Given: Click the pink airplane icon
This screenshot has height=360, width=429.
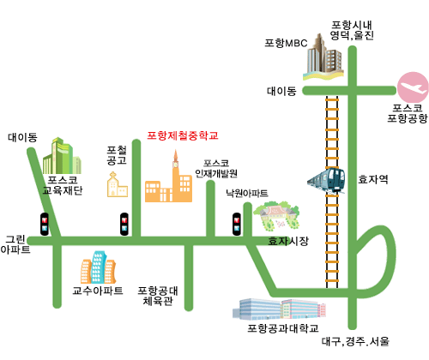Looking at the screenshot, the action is pyautogui.click(x=413, y=87).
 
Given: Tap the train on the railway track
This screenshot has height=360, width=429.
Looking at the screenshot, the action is pyautogui.click(x=326, y=180).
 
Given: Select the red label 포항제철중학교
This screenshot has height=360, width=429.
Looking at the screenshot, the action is pyautogui.click(x=183, y=135).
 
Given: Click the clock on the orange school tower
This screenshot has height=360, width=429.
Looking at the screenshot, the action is pyautogui.click(x=175, y=165).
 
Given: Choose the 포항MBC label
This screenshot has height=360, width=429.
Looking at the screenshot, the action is pyautogui.click(x=286, y=43).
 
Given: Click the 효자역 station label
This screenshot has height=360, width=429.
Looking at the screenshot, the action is pyautogui.click(x=373, y=179).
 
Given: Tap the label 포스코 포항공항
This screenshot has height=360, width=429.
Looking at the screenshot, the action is pyautogui.click(x=408, y=113).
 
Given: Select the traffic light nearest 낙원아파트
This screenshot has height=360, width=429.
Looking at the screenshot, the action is pyautogui.click(x=237, y=224).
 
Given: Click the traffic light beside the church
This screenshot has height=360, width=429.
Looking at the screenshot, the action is pyautogui.click(x=124, y=224).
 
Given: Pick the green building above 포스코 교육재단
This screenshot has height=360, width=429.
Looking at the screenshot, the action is pyautogui.click(x=62, y=156).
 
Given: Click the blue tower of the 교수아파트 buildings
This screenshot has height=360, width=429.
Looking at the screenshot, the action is pyautogui.click(x=99, y=267).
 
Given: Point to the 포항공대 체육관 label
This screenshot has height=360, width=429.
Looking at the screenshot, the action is pyautogui.click(x=158, y=296).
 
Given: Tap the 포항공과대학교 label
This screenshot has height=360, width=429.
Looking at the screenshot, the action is pyautogui.click(x=283, y=328).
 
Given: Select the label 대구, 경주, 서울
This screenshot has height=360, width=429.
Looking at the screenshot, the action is pyautogui.click(x=355, y=341).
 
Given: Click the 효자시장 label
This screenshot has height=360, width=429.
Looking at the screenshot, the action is pyautogui.click(x=288, y=241).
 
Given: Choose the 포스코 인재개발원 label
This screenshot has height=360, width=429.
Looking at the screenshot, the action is pyautogui.click(x=216, y=169).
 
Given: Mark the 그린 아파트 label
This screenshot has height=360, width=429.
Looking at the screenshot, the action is pyautogui.click(x=15, y=244).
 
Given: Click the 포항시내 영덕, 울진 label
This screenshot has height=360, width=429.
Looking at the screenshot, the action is pyautogui.click(x=352, y=30).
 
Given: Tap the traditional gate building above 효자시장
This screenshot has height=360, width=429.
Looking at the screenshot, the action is pyautogui.click(x=276, y=217).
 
